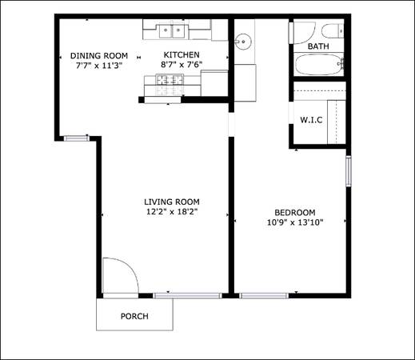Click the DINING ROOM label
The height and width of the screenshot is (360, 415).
99,56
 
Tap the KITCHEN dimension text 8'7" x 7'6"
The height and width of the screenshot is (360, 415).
182,65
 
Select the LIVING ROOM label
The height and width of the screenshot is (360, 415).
172,202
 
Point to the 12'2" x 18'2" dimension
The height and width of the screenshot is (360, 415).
172,212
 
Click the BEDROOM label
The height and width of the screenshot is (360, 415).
295,213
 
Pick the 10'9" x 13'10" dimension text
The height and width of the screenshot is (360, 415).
295,222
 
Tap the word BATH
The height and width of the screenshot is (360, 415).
318,46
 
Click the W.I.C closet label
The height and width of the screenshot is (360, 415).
311,120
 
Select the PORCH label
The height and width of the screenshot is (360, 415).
134,316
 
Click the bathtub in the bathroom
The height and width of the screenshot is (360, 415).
319,65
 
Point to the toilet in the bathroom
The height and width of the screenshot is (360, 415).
333,30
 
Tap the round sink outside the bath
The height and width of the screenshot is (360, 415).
243,42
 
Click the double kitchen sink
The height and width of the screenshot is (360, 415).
172,32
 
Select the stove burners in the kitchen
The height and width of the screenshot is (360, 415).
170,85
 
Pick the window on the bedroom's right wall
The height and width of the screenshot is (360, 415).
349,171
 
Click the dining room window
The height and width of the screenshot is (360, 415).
77,138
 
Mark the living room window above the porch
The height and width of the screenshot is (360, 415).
188,295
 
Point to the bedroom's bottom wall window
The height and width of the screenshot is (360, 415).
264,295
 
